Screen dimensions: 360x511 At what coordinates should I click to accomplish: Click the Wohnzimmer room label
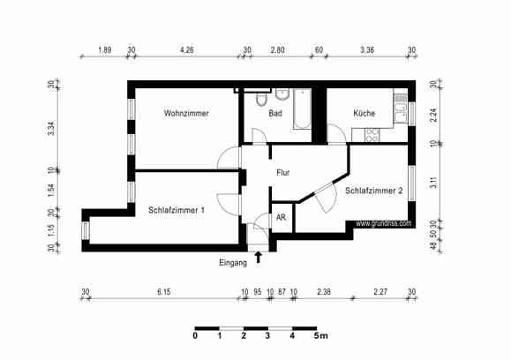tap(185, 114)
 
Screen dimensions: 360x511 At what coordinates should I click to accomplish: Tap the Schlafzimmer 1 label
tap(177, 210)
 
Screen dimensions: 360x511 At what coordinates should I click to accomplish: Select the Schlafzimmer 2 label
tap(374, 191)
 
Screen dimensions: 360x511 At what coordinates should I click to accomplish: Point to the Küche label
tap(364, 114)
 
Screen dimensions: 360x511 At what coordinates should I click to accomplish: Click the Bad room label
tap(275, 114)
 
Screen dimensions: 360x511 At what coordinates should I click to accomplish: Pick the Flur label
tap(283, 173)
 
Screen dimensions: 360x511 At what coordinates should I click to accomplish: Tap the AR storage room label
tap(281, 217)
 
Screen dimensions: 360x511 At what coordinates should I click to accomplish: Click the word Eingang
tap(233, 263)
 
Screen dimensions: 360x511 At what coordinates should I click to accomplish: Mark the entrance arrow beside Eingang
tap(259, 257)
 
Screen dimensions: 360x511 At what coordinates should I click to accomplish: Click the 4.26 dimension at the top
tap(187, 50)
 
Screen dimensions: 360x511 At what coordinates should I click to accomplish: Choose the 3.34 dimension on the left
tap(51, 127)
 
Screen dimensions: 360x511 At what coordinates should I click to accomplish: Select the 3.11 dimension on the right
tap(433, 184)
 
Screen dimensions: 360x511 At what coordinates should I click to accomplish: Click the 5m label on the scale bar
tap(321, 336)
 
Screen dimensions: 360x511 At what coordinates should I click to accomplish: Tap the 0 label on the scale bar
tap(194, 336)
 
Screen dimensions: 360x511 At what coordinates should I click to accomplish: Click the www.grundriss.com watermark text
tap(384, 224)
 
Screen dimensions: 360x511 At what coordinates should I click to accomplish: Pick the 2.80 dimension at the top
tap(278, 50)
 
